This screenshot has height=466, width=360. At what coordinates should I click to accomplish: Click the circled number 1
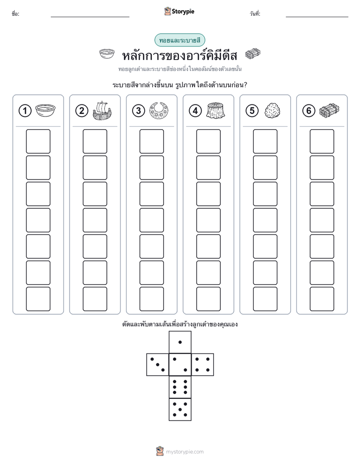click(x=25, y=110)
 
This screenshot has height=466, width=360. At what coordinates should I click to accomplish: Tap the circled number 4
click(x=195, y=110)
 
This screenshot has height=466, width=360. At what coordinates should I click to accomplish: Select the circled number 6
click(x=309, y=110)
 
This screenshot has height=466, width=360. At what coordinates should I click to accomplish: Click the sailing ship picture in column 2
click(x=102, y=110)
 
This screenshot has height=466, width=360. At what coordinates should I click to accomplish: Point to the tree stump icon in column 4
click(x=216, y=110)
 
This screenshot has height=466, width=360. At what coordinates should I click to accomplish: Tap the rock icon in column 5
click(x=272, y=110)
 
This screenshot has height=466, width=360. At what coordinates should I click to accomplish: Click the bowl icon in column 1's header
click(x=45, y=110)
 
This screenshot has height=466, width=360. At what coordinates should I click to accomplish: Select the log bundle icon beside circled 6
click(x=329, y=110)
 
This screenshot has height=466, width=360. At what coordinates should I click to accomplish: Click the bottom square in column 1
click(x=38, y=299)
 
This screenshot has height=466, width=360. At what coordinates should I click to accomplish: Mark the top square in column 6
click(x=322, y=141)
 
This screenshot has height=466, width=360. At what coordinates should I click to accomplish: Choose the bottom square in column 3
click(x=151, y=299)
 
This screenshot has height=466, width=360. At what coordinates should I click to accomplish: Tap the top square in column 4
click(x=208, y=141)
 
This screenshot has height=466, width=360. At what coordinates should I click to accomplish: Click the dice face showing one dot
click(x=180, y=342)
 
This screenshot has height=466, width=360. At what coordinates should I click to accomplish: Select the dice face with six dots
click(x=180, y=387)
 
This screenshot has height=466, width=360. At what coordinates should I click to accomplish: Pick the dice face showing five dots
click(x=180, y=410)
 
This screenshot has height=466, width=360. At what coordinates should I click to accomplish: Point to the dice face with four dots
click(x=202, y=365)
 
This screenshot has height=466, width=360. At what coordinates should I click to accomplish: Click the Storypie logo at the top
click(x=179, y=12)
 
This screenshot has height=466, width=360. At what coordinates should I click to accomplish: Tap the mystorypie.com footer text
click(x=185, y=452)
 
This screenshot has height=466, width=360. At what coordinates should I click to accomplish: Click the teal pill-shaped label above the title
click(x=179, y=40)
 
